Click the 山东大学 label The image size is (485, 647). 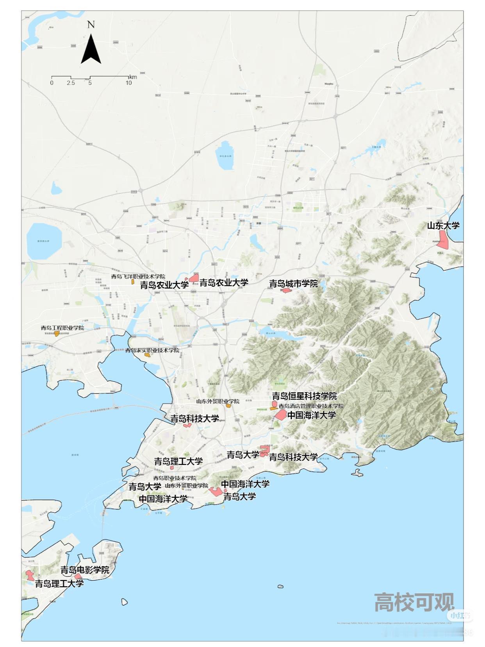click(x=443, y=225)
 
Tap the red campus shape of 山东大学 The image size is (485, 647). click(x=443, y=239)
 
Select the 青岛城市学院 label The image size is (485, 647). click(x=293, y=284)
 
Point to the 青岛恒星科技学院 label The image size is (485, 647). click(x=304, y=396)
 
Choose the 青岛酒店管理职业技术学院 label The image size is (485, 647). click(x=311, y=406)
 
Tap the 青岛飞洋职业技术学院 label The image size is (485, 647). click(x=138, y=277)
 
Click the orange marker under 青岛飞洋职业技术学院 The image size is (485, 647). click(x=133, y=281)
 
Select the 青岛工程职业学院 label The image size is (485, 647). click(x=62, y=328)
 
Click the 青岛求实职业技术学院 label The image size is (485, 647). click(x=152, y=350)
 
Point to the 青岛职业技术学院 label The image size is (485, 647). click(x=175, y=478)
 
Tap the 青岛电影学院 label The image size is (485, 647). click(x=85, y=570)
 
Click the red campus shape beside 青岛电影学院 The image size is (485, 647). click(x=78, y=576)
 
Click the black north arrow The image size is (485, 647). click(x=91, y=50)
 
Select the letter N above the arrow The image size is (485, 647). click(x=91, y=25)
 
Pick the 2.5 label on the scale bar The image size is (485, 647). click(x=71, y=83)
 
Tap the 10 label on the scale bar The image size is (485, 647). click(x=128, y=83)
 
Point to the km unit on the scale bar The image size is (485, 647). click(x=133, y=77)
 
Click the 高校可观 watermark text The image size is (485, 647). click(x=414, y=602)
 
